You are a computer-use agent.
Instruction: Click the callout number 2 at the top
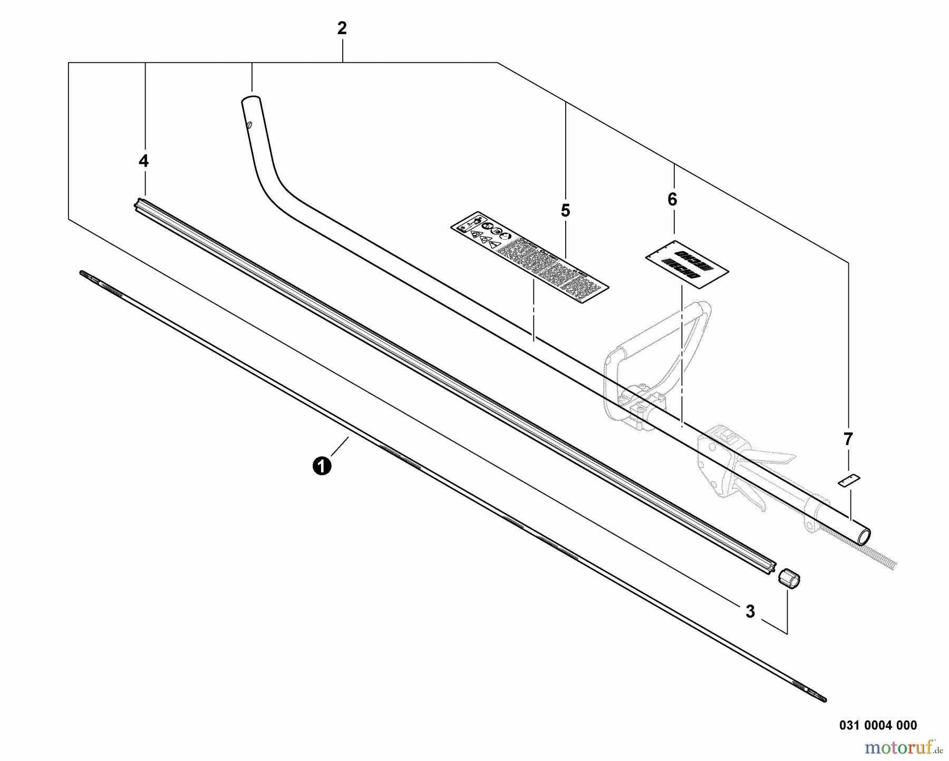(x=342, y=29)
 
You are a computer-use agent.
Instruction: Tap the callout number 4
(x=143, y=161)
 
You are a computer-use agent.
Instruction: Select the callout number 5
(x=565, y=211)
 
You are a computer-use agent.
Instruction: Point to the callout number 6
(x=672, y=200)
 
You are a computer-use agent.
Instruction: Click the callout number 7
(x=848, y=439)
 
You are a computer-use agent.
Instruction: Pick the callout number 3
(x=750, y=612)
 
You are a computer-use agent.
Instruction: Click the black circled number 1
(x=322, y=466)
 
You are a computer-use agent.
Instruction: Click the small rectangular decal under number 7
(x=849, y=480)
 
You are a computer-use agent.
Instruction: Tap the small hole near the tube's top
(x=250, y=125)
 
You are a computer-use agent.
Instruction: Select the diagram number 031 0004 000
(x=878, y=726)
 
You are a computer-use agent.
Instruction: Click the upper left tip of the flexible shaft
(x=82, y=272)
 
